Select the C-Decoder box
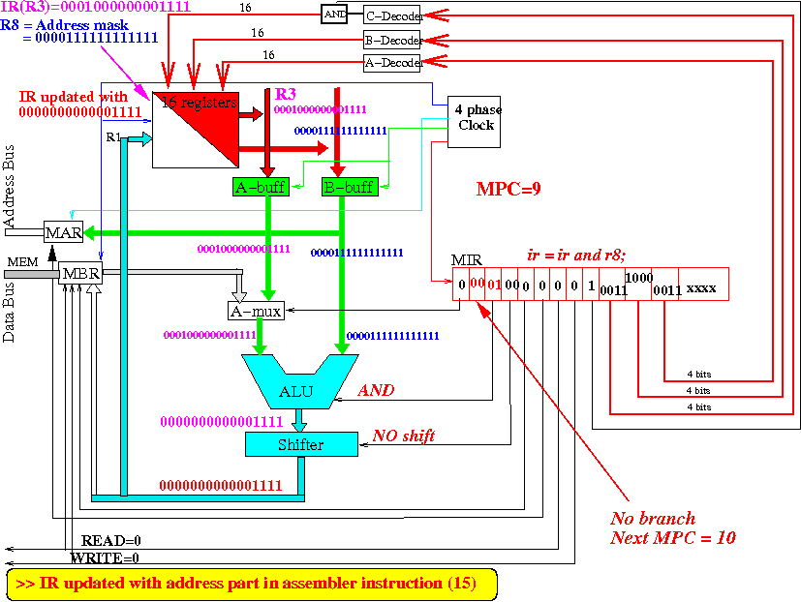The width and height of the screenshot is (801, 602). point(392,15)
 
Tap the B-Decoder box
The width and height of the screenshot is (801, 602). point(392,40)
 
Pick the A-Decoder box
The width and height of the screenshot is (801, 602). point(392,63)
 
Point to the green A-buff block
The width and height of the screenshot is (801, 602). point(260,187)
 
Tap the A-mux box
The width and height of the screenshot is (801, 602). point(254,312)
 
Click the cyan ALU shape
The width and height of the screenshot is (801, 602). point(296,383)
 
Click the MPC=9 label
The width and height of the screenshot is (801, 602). point(508,188)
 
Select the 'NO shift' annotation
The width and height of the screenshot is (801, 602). point(403,436)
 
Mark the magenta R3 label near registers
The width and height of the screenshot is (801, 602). point(287,95)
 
